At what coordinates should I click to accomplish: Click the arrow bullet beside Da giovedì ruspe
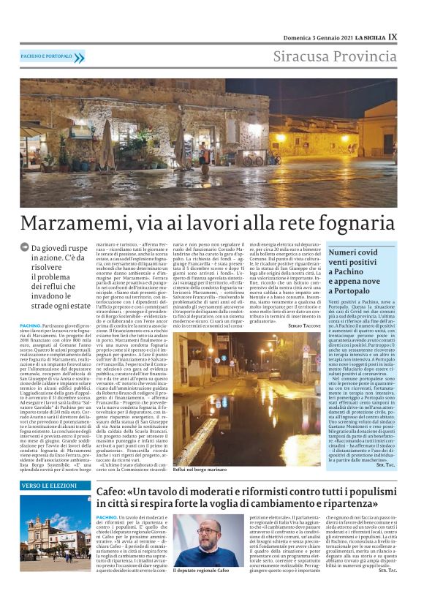pos(26,249)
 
